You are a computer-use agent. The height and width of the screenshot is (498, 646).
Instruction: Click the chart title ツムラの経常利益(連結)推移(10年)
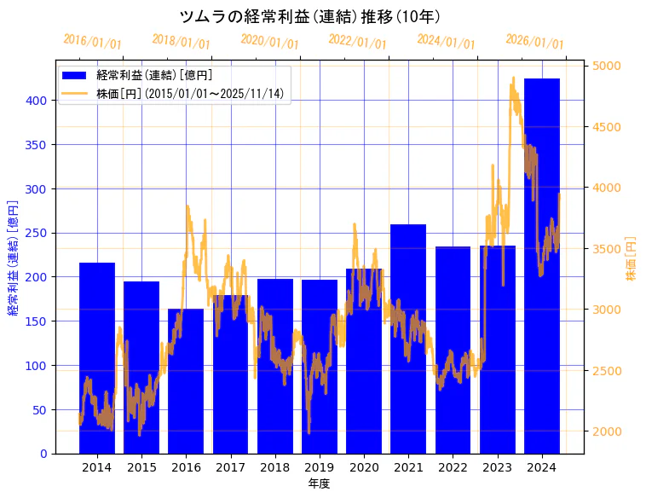pos(310,16)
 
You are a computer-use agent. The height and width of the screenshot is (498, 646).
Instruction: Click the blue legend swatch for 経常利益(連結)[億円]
pos(75,76)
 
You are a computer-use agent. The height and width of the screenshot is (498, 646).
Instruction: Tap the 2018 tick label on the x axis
pos(274,467)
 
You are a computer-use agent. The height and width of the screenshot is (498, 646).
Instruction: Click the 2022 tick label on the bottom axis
pos(453,467)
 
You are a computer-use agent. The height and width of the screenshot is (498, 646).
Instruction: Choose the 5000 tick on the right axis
pos(607,66)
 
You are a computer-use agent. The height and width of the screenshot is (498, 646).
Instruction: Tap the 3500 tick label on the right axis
pos(607,249)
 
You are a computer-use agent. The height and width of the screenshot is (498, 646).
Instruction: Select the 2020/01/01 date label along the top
pos(270,41)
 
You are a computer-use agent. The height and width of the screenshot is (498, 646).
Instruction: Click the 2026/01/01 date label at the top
pos(535,41)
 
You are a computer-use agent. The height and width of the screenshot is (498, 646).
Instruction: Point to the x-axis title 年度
pos(320,484)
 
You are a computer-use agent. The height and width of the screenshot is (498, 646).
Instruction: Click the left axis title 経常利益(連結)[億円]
pos(13,257)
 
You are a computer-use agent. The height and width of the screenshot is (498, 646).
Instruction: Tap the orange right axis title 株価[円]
pos(632,258)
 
